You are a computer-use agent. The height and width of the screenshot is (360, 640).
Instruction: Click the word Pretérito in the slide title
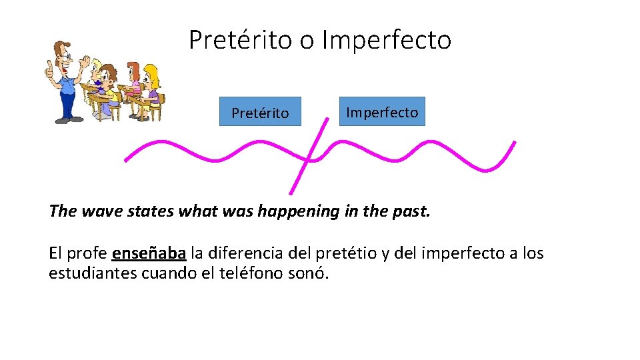pos(241,40)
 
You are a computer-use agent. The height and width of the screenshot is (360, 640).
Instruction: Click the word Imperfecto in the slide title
pos(387,40)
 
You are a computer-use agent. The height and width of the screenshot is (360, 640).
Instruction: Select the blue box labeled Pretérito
pos(260,112)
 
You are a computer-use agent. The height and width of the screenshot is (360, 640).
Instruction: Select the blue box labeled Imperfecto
pos(382,111)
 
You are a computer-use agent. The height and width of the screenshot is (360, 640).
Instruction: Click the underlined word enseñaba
pos(149,253)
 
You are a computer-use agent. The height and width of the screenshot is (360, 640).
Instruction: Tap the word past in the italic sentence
pos(413,211)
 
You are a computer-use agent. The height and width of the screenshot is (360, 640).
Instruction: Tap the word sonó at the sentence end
pos(309,273)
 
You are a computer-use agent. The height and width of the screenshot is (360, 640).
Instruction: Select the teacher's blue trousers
pos(67,101)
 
